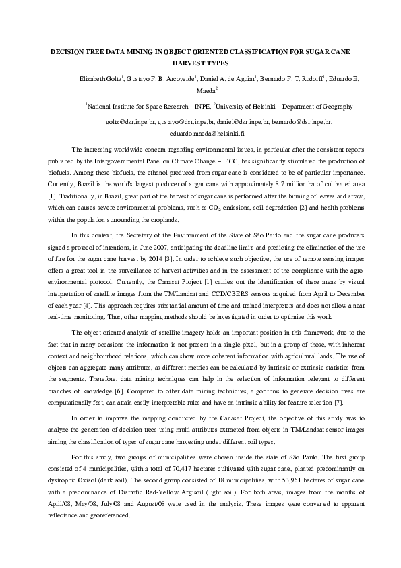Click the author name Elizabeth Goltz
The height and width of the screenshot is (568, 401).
(x=99, y=79)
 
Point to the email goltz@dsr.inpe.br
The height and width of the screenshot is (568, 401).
(x=130, y=123)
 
